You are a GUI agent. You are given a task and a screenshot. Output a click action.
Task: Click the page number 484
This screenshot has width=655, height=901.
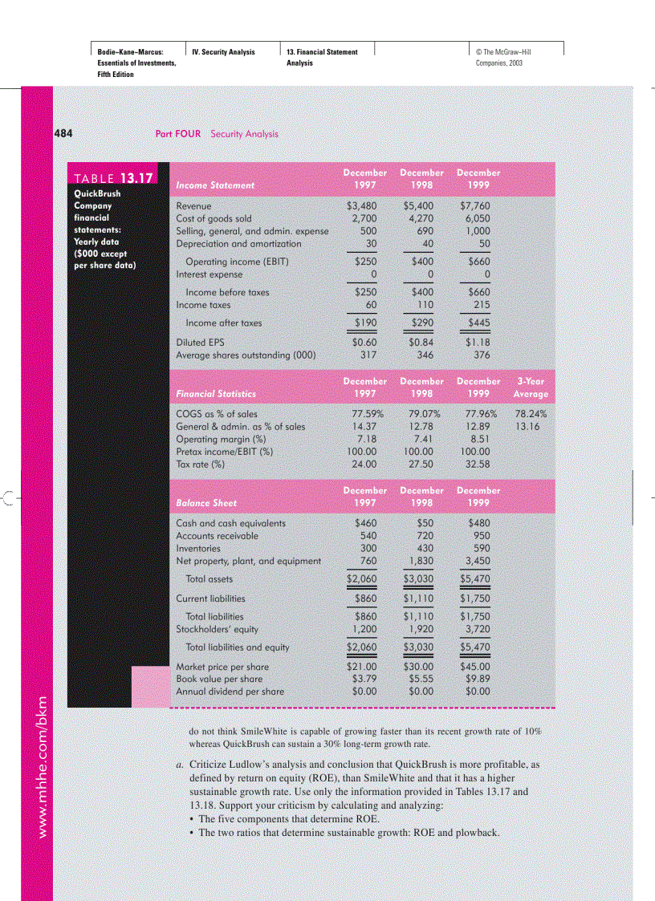tap(63, 133)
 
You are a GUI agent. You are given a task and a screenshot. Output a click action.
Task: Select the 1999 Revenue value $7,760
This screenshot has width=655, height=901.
tap(474, 206)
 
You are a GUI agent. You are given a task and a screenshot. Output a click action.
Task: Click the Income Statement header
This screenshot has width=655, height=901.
tap(215, 185)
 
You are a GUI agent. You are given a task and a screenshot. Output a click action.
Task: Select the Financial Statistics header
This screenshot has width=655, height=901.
tap(216, 394)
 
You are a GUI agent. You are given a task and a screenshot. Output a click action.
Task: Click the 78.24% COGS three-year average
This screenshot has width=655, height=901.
tap(531, 415)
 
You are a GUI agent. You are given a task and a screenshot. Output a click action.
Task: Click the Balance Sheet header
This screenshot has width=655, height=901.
tap(206, 503)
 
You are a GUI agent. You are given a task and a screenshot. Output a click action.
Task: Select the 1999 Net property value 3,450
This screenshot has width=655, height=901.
tap(477, 561)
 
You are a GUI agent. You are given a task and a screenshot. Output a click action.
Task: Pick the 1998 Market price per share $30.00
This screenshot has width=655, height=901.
tap(419, 666)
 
